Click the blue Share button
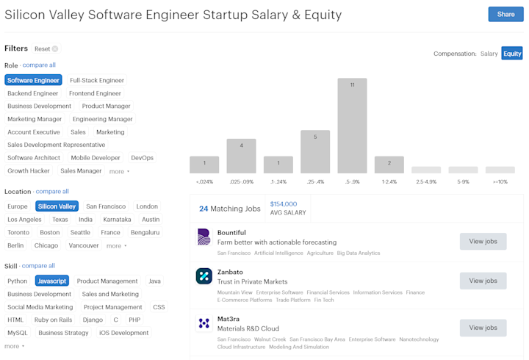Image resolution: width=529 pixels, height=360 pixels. [x=505, y=14]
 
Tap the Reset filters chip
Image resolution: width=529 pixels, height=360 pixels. [x=46, y=49]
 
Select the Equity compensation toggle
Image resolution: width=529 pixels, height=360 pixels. [x=512, y=54]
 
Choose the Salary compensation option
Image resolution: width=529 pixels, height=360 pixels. [x=489, y=54]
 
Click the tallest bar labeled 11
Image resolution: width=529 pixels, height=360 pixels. [x=352, y=126]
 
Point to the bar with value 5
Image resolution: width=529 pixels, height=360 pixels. [x=315, y=151]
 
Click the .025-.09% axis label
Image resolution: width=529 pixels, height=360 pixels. [x=242, y=182]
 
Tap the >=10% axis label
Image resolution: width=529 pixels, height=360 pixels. [x=500, y=182]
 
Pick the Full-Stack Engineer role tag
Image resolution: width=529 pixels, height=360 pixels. [x=97, y=80]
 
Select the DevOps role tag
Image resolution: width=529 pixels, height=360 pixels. [x=142, y=158]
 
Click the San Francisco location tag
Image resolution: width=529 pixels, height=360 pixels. [x=106, y=206]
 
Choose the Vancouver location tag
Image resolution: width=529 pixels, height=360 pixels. [x=84, y=245]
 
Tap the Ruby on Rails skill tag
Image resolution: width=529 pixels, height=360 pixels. [x=54, y=320]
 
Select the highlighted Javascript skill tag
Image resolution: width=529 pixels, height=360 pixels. [x=52, y=281]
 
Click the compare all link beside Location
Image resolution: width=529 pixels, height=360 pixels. [x=52, y=191]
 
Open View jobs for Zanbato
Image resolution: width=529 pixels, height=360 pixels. [x=483, y=281]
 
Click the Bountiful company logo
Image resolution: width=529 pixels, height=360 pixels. [x=204, y=237]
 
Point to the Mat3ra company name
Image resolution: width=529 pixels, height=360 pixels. [x=228, y=319]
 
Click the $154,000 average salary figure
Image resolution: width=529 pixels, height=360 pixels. [x=284, y=204]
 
